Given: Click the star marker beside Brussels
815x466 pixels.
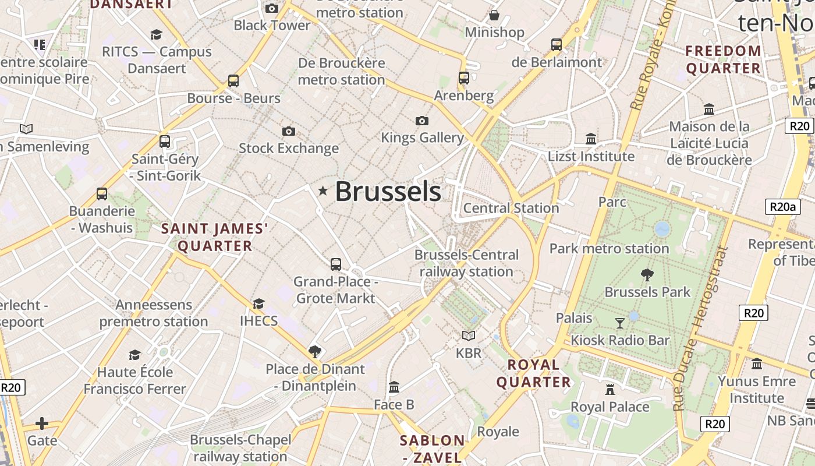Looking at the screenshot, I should [x=323, y=190].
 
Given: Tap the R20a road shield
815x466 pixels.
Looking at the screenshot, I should [x=782, y=206].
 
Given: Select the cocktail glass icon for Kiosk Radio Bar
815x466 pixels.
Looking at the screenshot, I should [x=620, y=323].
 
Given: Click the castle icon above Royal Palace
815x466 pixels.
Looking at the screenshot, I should [x=610, y=389].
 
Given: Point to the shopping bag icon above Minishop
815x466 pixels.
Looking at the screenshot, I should [x=494, y=15].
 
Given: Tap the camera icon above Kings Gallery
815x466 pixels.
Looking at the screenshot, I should [x=422, y=121].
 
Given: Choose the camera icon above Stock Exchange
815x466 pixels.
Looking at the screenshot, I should [x=288, y=131].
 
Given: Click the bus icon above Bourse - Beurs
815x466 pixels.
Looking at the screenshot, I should [x=233, y=81].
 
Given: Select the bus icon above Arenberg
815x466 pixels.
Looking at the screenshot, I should [x=464, y=78].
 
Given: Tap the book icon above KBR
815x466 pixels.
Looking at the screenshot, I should [x=469, y=336].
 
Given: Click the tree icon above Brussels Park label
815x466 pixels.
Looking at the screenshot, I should [x=647, y=274].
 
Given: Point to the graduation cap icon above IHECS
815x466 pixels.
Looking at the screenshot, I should [x=258, y=303].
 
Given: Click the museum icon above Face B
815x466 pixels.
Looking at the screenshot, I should [x=394, y=387].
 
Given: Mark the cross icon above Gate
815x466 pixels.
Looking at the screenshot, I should [x=42, y=423].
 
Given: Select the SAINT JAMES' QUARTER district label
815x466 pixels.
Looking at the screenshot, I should [x=215, y=237].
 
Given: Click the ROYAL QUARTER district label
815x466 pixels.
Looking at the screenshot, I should [x=533, y=373].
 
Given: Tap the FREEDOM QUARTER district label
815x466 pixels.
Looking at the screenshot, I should [x=723, y=59].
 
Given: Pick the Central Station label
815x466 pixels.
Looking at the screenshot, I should [x=511, y=208].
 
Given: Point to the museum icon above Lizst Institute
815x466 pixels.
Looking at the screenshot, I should [x=591, y=139].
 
